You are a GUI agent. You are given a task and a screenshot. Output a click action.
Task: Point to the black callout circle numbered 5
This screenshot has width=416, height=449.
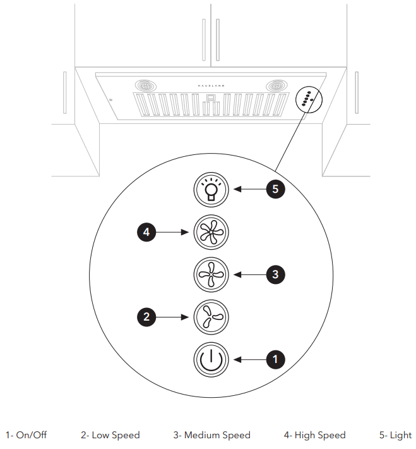click(x=275, y=189)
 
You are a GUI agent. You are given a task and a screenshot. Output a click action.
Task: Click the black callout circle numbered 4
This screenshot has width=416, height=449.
click(x=146, y=232)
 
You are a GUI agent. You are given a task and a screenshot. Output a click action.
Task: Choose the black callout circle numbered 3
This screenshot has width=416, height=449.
click(x=275, y=274)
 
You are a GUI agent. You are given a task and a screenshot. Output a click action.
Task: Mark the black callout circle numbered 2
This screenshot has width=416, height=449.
click(x=146, y=316)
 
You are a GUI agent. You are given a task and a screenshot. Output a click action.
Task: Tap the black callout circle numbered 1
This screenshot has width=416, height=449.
click(x=275, y=359)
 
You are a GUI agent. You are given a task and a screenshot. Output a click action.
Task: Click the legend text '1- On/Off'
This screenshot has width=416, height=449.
click(x=27, y=435)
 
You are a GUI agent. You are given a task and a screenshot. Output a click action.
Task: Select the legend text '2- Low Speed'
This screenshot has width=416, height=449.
click(x=110, y=435)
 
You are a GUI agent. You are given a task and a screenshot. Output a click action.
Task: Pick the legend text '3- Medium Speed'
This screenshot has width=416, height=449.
click(x=212, y=435)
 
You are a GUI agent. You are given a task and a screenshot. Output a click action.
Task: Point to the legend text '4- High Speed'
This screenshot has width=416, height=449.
click(x=315, y=435)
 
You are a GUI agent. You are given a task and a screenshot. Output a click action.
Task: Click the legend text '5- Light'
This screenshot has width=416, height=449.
click(x=395, y=435)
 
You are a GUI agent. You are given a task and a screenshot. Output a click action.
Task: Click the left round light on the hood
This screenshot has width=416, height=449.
click(x=146, y=85)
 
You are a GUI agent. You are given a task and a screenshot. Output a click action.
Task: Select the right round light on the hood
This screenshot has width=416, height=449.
click(x=276, y=85)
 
